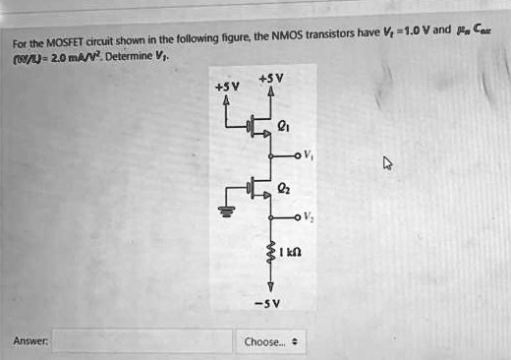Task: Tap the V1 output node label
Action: click(x=311, y=155)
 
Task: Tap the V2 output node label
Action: click(x=310, y=216)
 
